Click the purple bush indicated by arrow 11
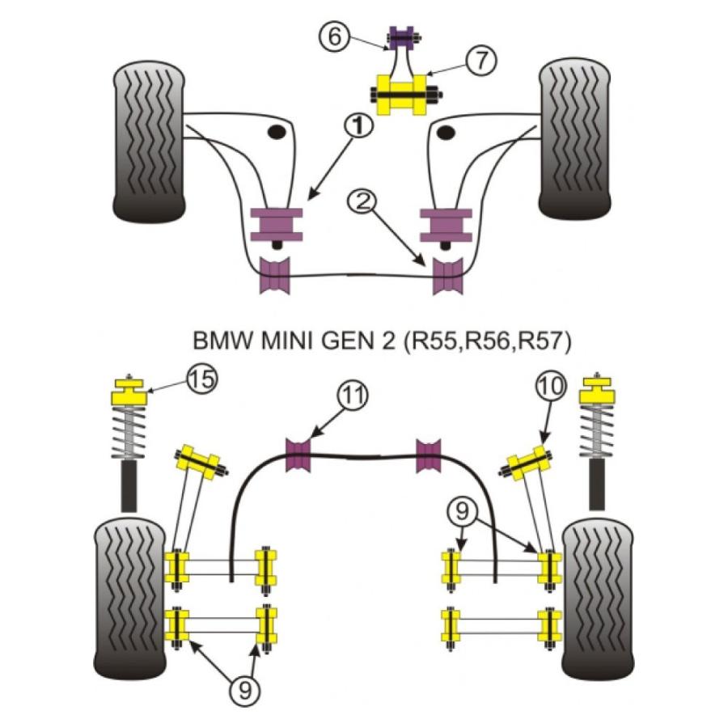click(x=300, y=454)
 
